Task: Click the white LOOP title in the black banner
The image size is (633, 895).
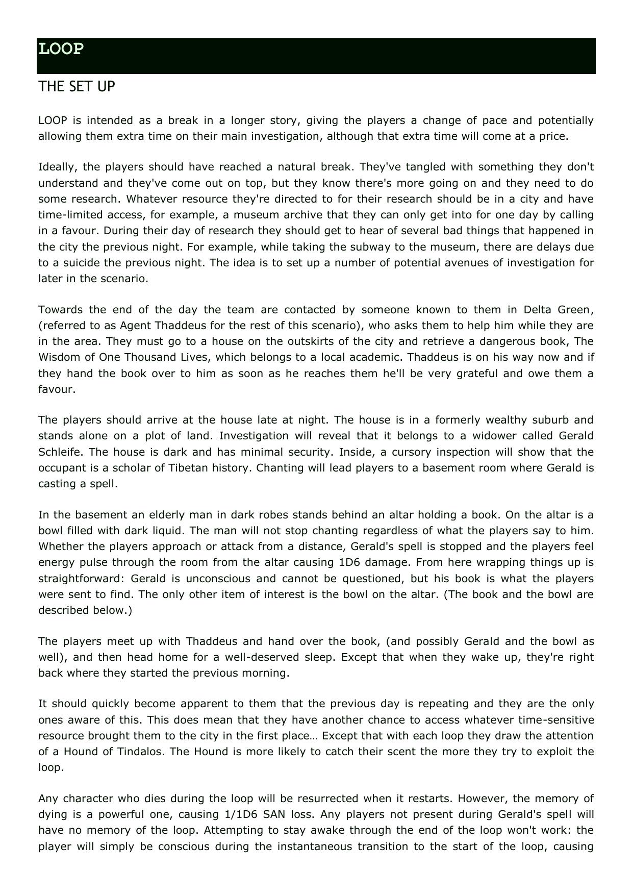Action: tap(61, 49)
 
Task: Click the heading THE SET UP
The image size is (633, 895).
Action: tap(77, 87)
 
